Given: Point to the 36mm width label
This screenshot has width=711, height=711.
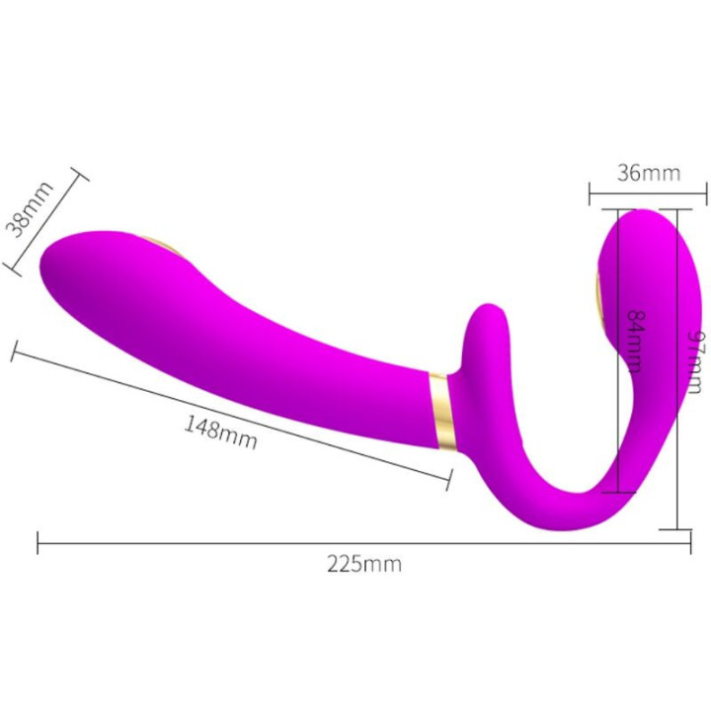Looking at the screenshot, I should pos(648,173).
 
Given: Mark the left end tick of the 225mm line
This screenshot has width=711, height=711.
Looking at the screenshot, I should pos(38,541).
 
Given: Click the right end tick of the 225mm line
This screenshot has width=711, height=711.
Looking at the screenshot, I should pos(689,541).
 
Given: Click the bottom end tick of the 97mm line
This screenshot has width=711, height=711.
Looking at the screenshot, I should pos(677,529).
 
